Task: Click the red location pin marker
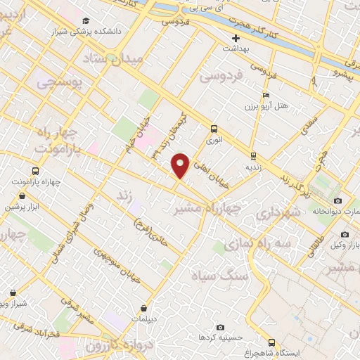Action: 181,165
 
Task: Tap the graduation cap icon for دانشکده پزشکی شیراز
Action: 86,21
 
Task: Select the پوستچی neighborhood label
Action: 58,84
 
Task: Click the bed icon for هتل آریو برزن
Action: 266,96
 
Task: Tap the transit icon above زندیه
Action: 253,156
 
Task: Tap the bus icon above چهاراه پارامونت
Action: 35,170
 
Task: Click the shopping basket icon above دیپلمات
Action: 143,308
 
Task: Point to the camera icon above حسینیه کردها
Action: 221,328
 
